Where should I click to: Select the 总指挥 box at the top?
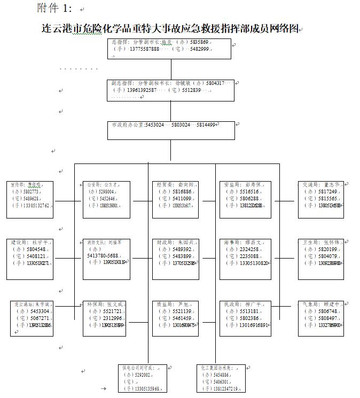point(170,48)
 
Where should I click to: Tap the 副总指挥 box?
point(170,90)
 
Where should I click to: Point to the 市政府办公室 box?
point(170,130)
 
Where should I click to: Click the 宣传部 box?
point(30,199)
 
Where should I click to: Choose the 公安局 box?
point(105,199)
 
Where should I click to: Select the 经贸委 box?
point(173,199)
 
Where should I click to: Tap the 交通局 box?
point(320,199)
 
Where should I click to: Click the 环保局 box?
point(105,318)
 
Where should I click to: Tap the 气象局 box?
point(320,318)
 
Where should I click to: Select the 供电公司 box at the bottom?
point(141,378)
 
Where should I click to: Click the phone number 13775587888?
point(144,49)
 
